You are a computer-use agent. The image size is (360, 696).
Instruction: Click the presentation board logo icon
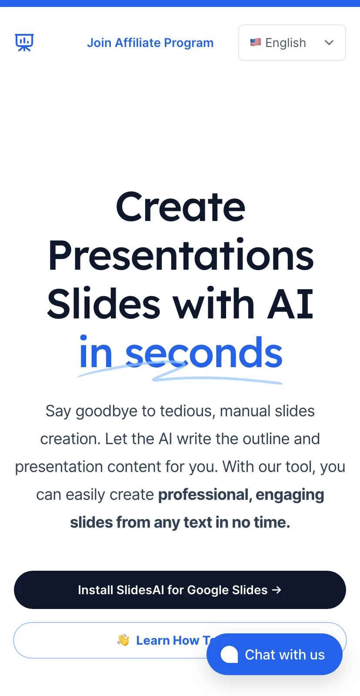click(24, 43)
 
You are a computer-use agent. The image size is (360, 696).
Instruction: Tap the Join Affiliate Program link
click(150, 43)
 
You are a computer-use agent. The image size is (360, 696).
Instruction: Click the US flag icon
click(255, 42)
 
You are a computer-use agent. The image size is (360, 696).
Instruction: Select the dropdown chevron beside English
click(329, 43)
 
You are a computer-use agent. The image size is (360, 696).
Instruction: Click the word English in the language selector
click(286, 43)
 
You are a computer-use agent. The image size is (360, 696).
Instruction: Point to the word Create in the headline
click(180, 207)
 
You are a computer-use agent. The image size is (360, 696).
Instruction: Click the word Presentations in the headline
click(181, 255)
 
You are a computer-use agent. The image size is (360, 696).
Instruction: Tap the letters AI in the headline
click(290, 304)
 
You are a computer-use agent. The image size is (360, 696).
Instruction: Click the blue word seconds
click(204, 353)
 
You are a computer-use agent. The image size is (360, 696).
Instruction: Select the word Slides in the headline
click(104, 303)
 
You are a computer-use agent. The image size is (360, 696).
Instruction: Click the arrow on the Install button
click(277, 590)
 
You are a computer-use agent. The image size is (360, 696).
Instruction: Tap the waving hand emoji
click(123, 640)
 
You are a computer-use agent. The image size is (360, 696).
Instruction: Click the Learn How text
click(168, 640)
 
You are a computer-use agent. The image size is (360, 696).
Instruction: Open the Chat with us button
click(275, 654)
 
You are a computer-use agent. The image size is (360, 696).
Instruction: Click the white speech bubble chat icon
click(229, 654)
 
